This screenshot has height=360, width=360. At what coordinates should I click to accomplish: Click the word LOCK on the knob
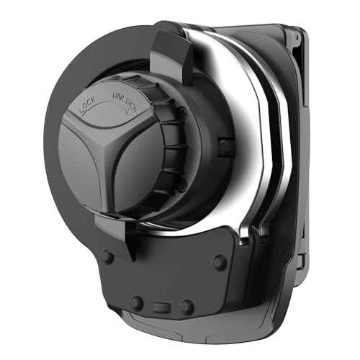86,104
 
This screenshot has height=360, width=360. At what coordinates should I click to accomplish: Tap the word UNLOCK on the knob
125,101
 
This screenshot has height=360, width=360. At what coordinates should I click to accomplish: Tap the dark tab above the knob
171,58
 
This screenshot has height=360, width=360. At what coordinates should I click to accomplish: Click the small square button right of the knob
225,147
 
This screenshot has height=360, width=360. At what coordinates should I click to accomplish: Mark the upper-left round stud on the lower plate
107,257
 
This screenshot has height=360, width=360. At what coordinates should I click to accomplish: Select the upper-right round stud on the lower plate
220,262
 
